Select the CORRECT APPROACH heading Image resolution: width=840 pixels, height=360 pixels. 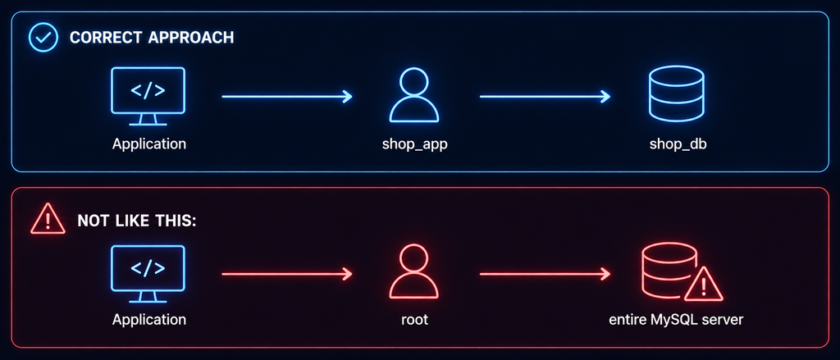point(152,38)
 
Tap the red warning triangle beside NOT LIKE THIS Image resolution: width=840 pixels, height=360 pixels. point(48,219)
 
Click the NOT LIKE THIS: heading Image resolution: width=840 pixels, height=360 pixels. point(137,220)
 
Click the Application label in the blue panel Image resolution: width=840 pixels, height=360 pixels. point(149,144)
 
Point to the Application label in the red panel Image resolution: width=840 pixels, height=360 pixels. point(149,320)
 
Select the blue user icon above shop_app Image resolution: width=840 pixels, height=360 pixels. point(414,96)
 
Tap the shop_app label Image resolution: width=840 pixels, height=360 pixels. point(414,144)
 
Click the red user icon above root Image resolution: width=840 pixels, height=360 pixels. point(414,272)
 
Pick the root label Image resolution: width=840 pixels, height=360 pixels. point(414,321)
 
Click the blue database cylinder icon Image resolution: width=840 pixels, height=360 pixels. point(676,93)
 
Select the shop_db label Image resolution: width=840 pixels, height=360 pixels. point(678,144)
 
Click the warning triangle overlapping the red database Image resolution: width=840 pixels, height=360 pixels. point(703,285)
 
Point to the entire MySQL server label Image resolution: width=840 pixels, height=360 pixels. point(676,321)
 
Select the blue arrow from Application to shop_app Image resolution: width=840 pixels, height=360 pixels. point(287,97)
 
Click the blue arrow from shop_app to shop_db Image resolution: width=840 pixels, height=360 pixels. point(545,97)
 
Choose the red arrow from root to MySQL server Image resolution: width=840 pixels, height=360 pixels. point(545,274)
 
